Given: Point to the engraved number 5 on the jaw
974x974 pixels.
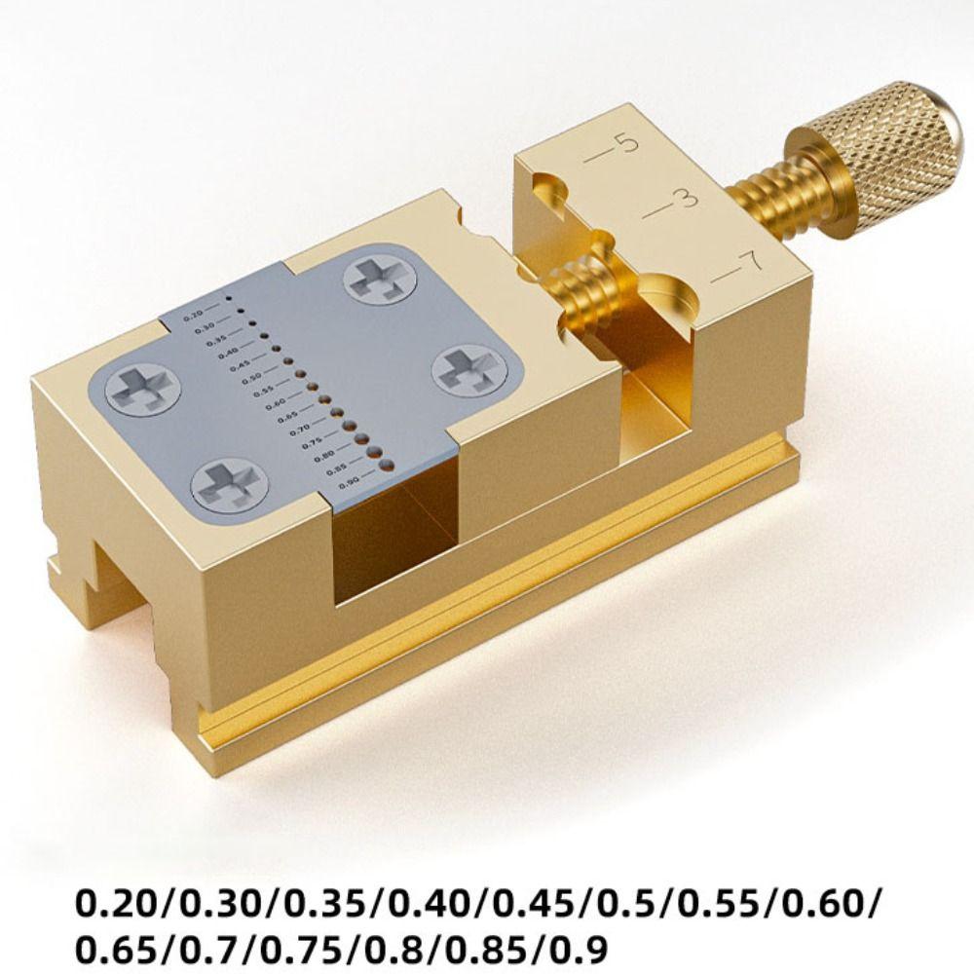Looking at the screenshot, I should pyautogui.click(x=627, y=144).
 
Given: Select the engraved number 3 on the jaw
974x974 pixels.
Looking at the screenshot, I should pyautogui.click(x=687, y=199).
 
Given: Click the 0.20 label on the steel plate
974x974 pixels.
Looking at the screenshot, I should pyautogui.click(x=194, y=315).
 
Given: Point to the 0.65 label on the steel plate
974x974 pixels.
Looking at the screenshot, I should pyautogui.click(x=287, y=417).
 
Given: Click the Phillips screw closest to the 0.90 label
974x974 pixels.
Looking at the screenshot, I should pyautogui.click(x=229, y=483).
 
